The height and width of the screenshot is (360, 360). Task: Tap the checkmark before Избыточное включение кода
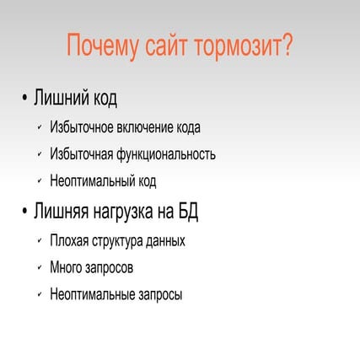40,128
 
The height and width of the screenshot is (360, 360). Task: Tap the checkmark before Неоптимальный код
40,180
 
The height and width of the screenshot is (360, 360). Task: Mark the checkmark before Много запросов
40,268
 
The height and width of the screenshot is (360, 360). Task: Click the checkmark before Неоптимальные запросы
40,295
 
